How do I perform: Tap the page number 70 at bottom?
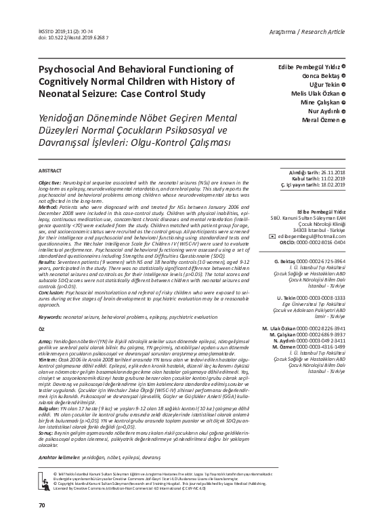point(42,506)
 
